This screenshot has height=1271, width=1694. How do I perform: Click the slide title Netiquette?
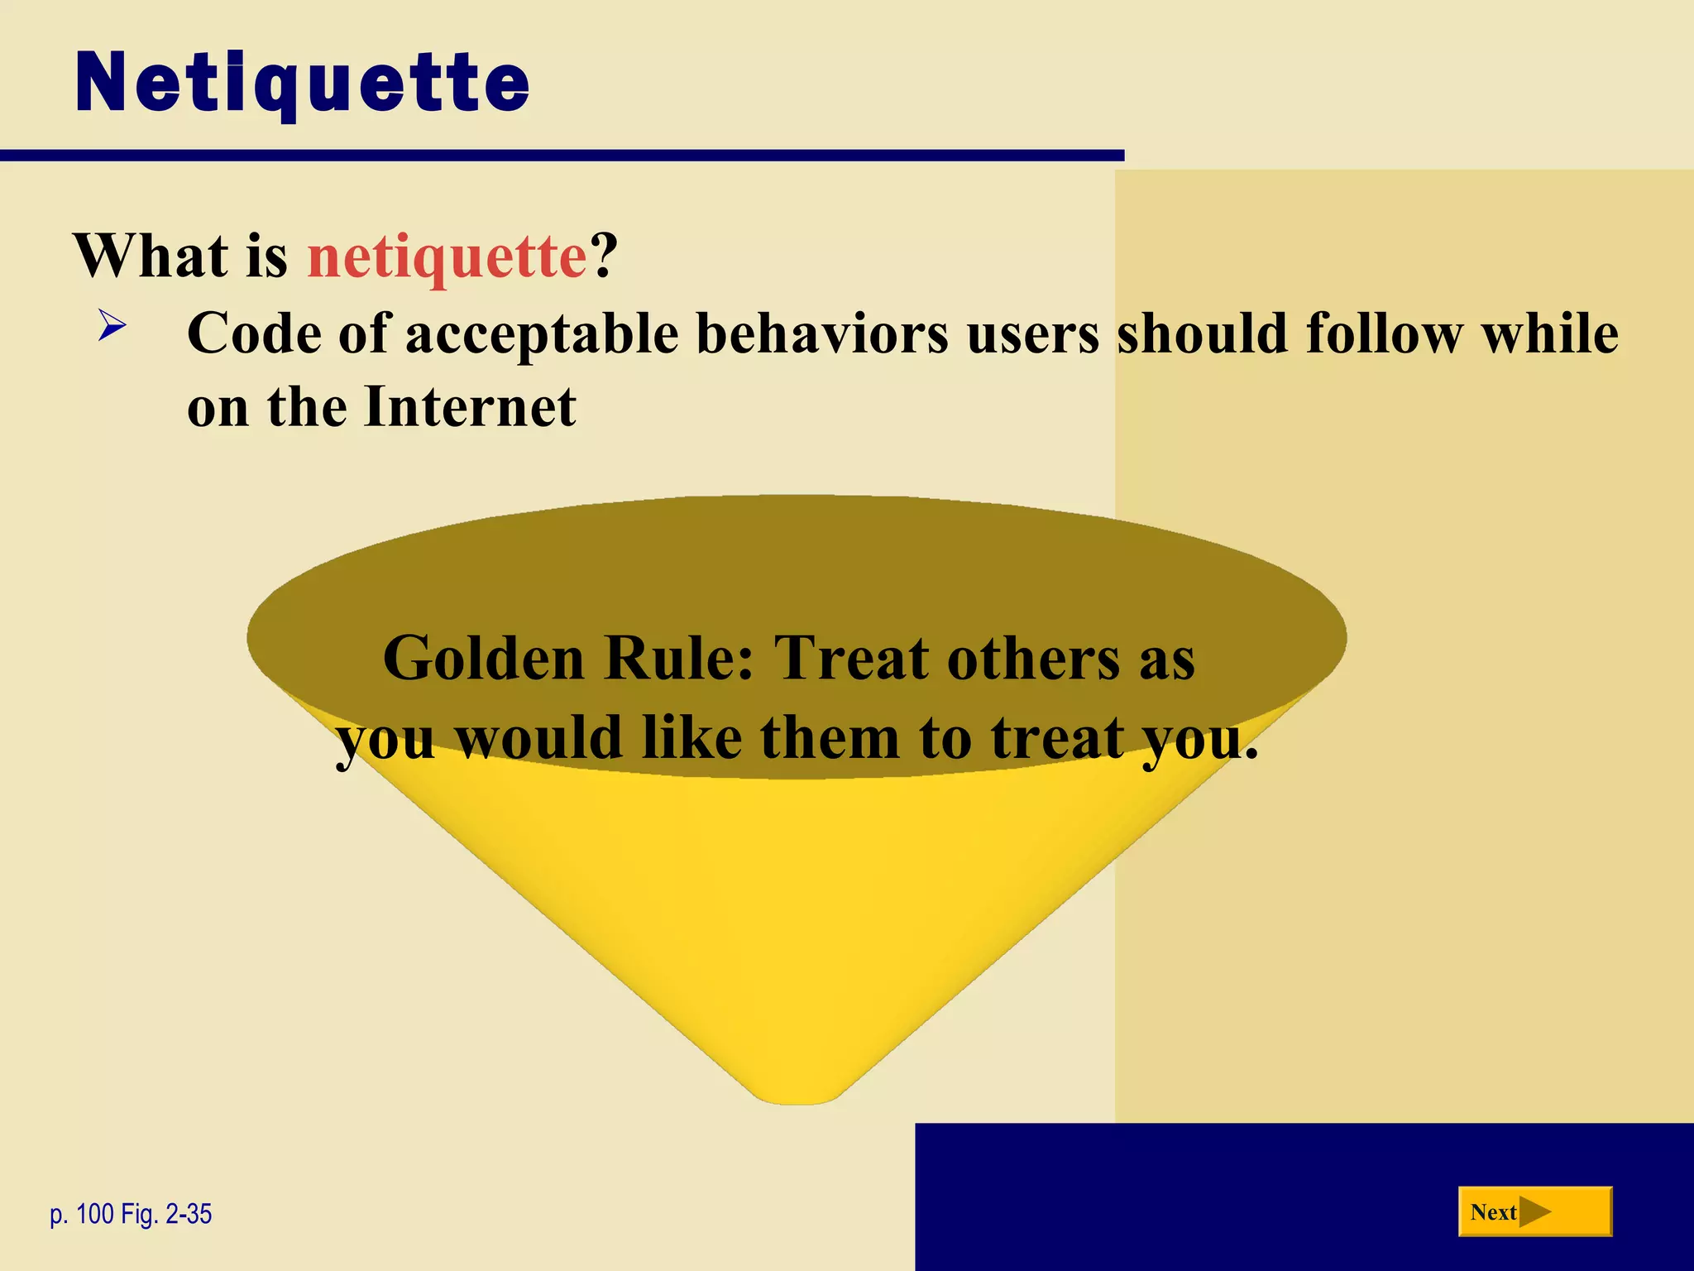(303, 84)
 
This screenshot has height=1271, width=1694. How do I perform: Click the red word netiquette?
(447, 257)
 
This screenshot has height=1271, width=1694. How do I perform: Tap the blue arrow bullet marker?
(112, 324)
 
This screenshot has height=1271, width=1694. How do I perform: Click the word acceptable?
(542, 335)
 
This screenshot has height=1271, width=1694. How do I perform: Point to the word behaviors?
(822, 333)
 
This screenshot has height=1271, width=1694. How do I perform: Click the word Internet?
(470, 407)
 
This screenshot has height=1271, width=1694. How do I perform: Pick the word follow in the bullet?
(1384, 333)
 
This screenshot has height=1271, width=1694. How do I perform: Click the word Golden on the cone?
(484, 659)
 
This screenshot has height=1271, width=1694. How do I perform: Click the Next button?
(1534, 1212)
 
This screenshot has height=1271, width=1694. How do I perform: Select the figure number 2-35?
(189, 1215)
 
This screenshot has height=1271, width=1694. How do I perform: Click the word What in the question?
(151, 257)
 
